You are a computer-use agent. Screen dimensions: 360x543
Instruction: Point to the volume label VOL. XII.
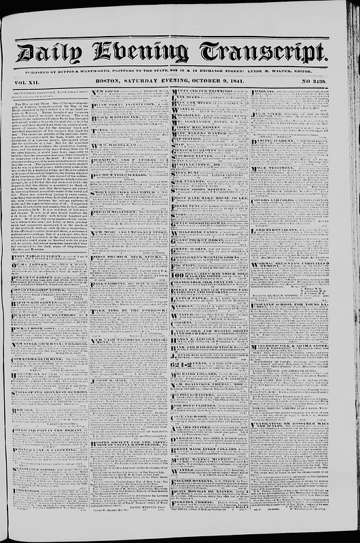pyautogui.click(x=26, y=81)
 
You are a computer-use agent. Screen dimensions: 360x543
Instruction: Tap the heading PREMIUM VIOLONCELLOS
pyautogui.click(x=121, y=175)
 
